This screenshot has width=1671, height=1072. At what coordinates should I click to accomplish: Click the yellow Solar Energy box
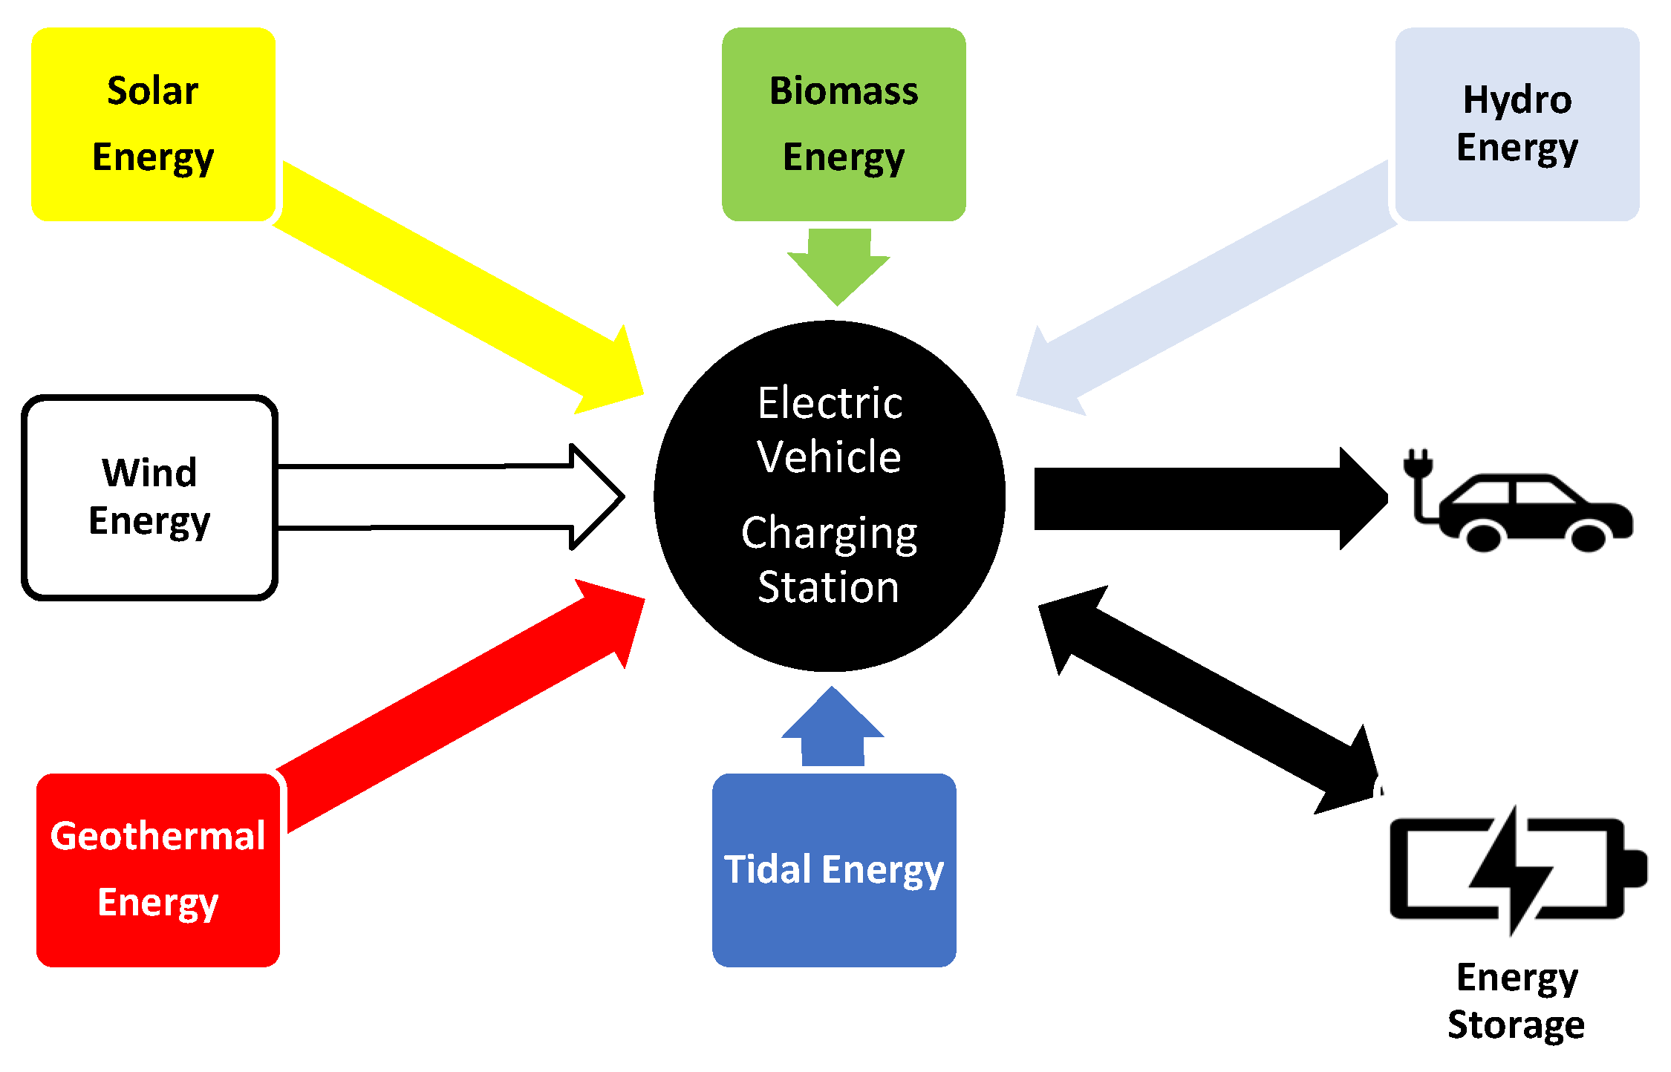(153, 124)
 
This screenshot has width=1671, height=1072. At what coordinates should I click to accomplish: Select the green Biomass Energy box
(844, 124)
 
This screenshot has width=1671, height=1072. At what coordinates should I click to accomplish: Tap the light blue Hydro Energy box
(1517, 124)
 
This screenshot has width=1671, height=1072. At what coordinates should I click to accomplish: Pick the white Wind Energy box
(149, 497)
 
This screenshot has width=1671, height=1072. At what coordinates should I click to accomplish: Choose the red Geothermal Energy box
(158, 870)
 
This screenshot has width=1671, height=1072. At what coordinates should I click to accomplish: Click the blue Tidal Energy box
(834, 870)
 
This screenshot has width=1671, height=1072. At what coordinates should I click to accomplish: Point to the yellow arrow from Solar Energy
(453, 286)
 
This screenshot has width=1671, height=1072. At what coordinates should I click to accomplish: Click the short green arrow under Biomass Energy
(838, 264)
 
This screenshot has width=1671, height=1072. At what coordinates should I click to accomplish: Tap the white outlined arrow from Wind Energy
(446, 497)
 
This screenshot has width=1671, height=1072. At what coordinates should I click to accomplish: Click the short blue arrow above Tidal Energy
(833, 731)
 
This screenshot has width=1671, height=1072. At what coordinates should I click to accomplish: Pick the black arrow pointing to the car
(1203, 499)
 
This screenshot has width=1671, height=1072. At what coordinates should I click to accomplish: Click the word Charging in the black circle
(829, 533)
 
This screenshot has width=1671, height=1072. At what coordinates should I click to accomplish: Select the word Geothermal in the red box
(157, 837)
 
